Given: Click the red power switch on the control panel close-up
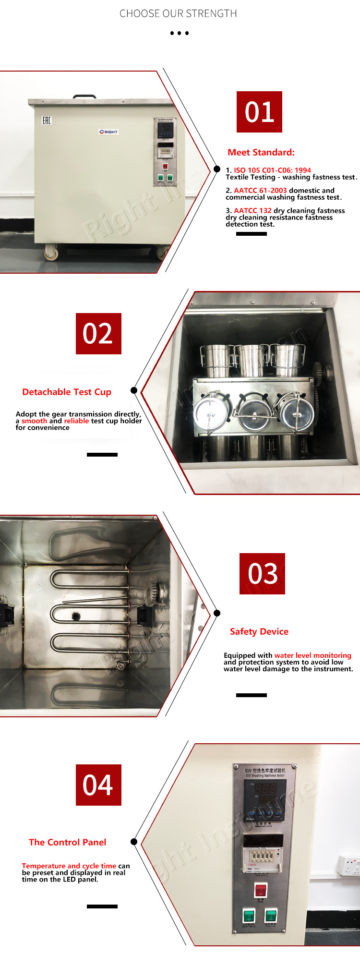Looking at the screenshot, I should (x=260, y=890).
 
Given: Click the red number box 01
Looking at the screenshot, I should (x=259, y=112).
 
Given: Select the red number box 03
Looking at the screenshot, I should (x=262, y=574).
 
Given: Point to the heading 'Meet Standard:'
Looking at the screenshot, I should (x=261, y=153).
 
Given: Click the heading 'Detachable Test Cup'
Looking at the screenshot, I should (x=67, y=392).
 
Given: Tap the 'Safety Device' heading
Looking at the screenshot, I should (x=259, y=632).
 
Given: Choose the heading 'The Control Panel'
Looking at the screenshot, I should (x=68, y=843).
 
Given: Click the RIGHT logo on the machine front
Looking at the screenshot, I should (x=108, y=132).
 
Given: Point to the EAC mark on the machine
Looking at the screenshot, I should (x=47, y=120).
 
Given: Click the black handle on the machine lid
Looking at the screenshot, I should (x=84, y=97).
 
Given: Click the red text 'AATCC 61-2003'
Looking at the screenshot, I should (x=260, y=191).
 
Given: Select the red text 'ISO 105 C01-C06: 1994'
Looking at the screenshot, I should (x=272, y=170).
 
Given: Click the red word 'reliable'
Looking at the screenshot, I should (x=76, y=421).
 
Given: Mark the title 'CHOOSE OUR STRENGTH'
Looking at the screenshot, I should (x=178, y=13).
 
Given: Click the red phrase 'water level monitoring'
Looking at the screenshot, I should (x=312, y=655).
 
